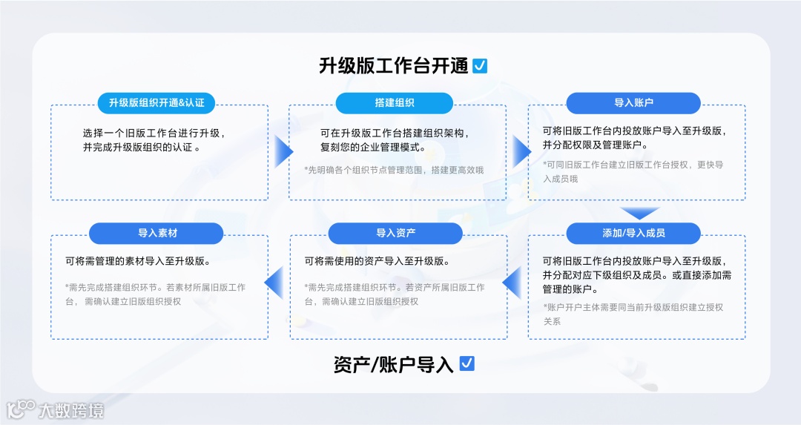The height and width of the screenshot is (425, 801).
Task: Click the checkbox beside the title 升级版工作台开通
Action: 480,66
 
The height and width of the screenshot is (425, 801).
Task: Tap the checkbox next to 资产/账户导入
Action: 467,363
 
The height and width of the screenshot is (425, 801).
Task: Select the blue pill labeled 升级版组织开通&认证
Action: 156,103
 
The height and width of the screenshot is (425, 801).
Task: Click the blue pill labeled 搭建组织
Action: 395,103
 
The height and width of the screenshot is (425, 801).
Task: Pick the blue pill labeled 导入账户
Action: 633,103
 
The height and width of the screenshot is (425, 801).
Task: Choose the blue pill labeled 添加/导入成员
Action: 633,233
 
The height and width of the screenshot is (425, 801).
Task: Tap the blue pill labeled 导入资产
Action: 395,233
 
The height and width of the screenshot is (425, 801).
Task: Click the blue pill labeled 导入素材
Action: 157,233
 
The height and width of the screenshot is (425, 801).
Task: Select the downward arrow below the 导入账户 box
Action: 640,213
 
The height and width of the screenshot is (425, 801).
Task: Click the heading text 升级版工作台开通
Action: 393,66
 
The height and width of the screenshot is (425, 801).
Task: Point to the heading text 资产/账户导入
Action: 393,364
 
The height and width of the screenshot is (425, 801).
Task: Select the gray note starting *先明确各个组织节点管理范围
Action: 394,171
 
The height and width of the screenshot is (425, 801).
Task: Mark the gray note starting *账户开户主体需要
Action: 633,314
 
